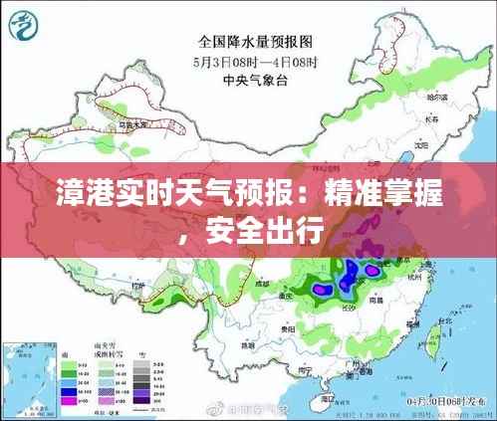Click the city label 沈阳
[416, 141]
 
